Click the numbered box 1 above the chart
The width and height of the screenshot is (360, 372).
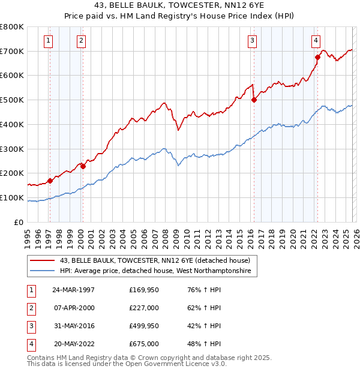tap(47, 41)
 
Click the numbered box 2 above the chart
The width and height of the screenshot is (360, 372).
tap(80, 41)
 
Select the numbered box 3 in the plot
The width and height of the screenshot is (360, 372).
tap(253, 41)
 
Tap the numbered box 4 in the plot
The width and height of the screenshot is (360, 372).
tap(316, 41)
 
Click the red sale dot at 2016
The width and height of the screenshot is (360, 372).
tap(254, 100)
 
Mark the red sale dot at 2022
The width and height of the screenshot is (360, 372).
tap(317, 57)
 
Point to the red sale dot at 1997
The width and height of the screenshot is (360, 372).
tap(50, 180)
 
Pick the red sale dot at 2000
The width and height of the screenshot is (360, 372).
tap(83, 166)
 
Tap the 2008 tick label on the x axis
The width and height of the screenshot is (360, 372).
tap(165, 234)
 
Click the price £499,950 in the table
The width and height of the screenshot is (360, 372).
tap(143, 326)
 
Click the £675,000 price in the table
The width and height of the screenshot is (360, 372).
tap(143, 344)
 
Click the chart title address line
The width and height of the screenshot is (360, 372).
tap(180, 6)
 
